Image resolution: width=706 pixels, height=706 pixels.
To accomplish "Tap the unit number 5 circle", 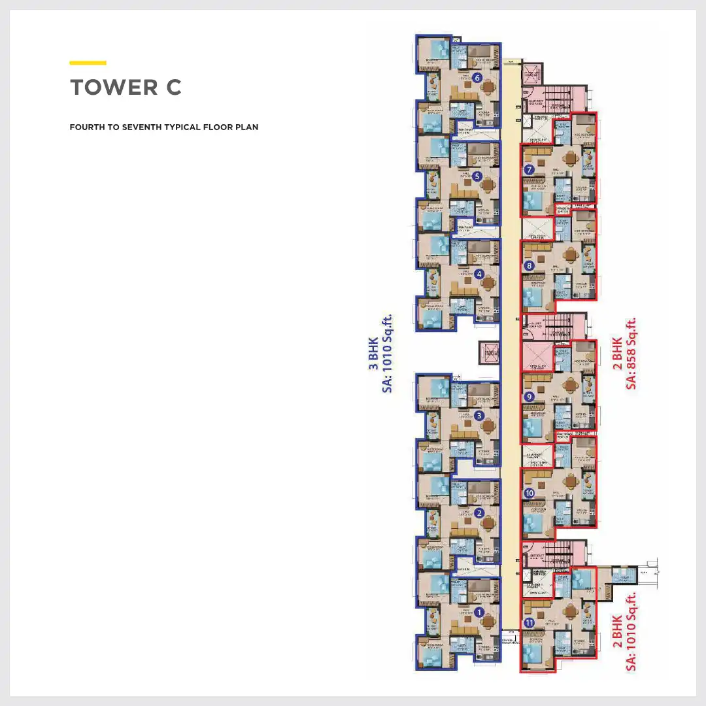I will (478, 176).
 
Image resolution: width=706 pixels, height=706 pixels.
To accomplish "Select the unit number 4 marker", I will (479, 275).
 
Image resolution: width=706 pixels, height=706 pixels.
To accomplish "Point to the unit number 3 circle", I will (479, 415).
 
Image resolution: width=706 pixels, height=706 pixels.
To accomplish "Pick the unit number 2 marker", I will (479, 513).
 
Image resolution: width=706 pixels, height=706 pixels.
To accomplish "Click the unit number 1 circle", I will (479, 613).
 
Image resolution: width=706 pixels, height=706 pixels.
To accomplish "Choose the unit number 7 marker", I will (529, 170).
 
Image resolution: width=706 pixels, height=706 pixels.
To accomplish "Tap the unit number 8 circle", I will (529, 266).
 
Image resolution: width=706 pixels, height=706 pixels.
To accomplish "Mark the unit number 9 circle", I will (529, 397).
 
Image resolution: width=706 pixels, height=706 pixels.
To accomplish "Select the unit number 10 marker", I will (529, 493).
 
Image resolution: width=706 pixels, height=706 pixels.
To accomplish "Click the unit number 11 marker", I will (529, 623).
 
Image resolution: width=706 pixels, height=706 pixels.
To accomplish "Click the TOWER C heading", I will (126, 88).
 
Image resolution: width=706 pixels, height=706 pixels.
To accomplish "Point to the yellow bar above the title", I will (88, 63).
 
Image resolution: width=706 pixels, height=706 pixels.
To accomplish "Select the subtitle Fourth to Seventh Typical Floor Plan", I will (163, 127).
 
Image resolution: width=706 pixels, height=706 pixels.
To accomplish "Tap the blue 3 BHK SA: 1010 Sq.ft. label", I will (380, 353).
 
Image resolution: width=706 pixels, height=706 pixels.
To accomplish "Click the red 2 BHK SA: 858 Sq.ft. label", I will (624, 353).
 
